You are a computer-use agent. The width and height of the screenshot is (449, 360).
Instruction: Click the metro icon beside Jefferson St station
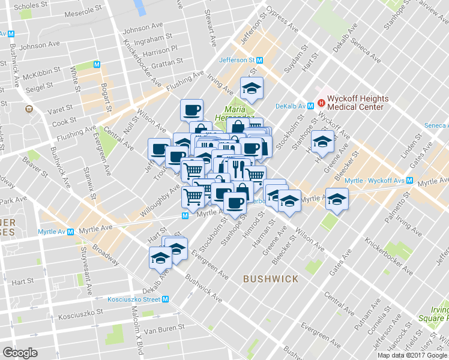(x=259, y=60)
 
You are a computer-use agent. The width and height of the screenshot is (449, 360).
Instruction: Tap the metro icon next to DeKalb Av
(x=310, y=106)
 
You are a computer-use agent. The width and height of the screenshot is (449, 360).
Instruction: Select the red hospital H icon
(x=321, y=102)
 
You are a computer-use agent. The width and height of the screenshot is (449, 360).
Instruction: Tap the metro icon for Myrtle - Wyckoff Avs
(x=409, y=180)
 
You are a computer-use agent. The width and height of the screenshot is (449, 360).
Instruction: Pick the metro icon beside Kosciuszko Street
(x=165, y=299)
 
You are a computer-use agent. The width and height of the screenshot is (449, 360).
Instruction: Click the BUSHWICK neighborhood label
(x=271, y=279)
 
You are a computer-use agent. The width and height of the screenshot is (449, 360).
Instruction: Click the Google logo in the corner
(x=20, y=352)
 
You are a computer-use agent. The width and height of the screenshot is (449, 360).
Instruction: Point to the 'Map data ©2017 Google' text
(x=412, y=355)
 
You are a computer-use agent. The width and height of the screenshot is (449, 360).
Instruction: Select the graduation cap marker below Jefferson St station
(x=252, y=89)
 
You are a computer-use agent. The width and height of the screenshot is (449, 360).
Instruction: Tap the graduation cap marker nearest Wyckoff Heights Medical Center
(x=322, y=143)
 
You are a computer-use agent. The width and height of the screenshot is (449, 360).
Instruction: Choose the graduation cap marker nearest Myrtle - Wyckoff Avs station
(x=337, y=199)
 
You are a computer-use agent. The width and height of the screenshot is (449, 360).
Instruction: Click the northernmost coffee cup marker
(x=192, y=110)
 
